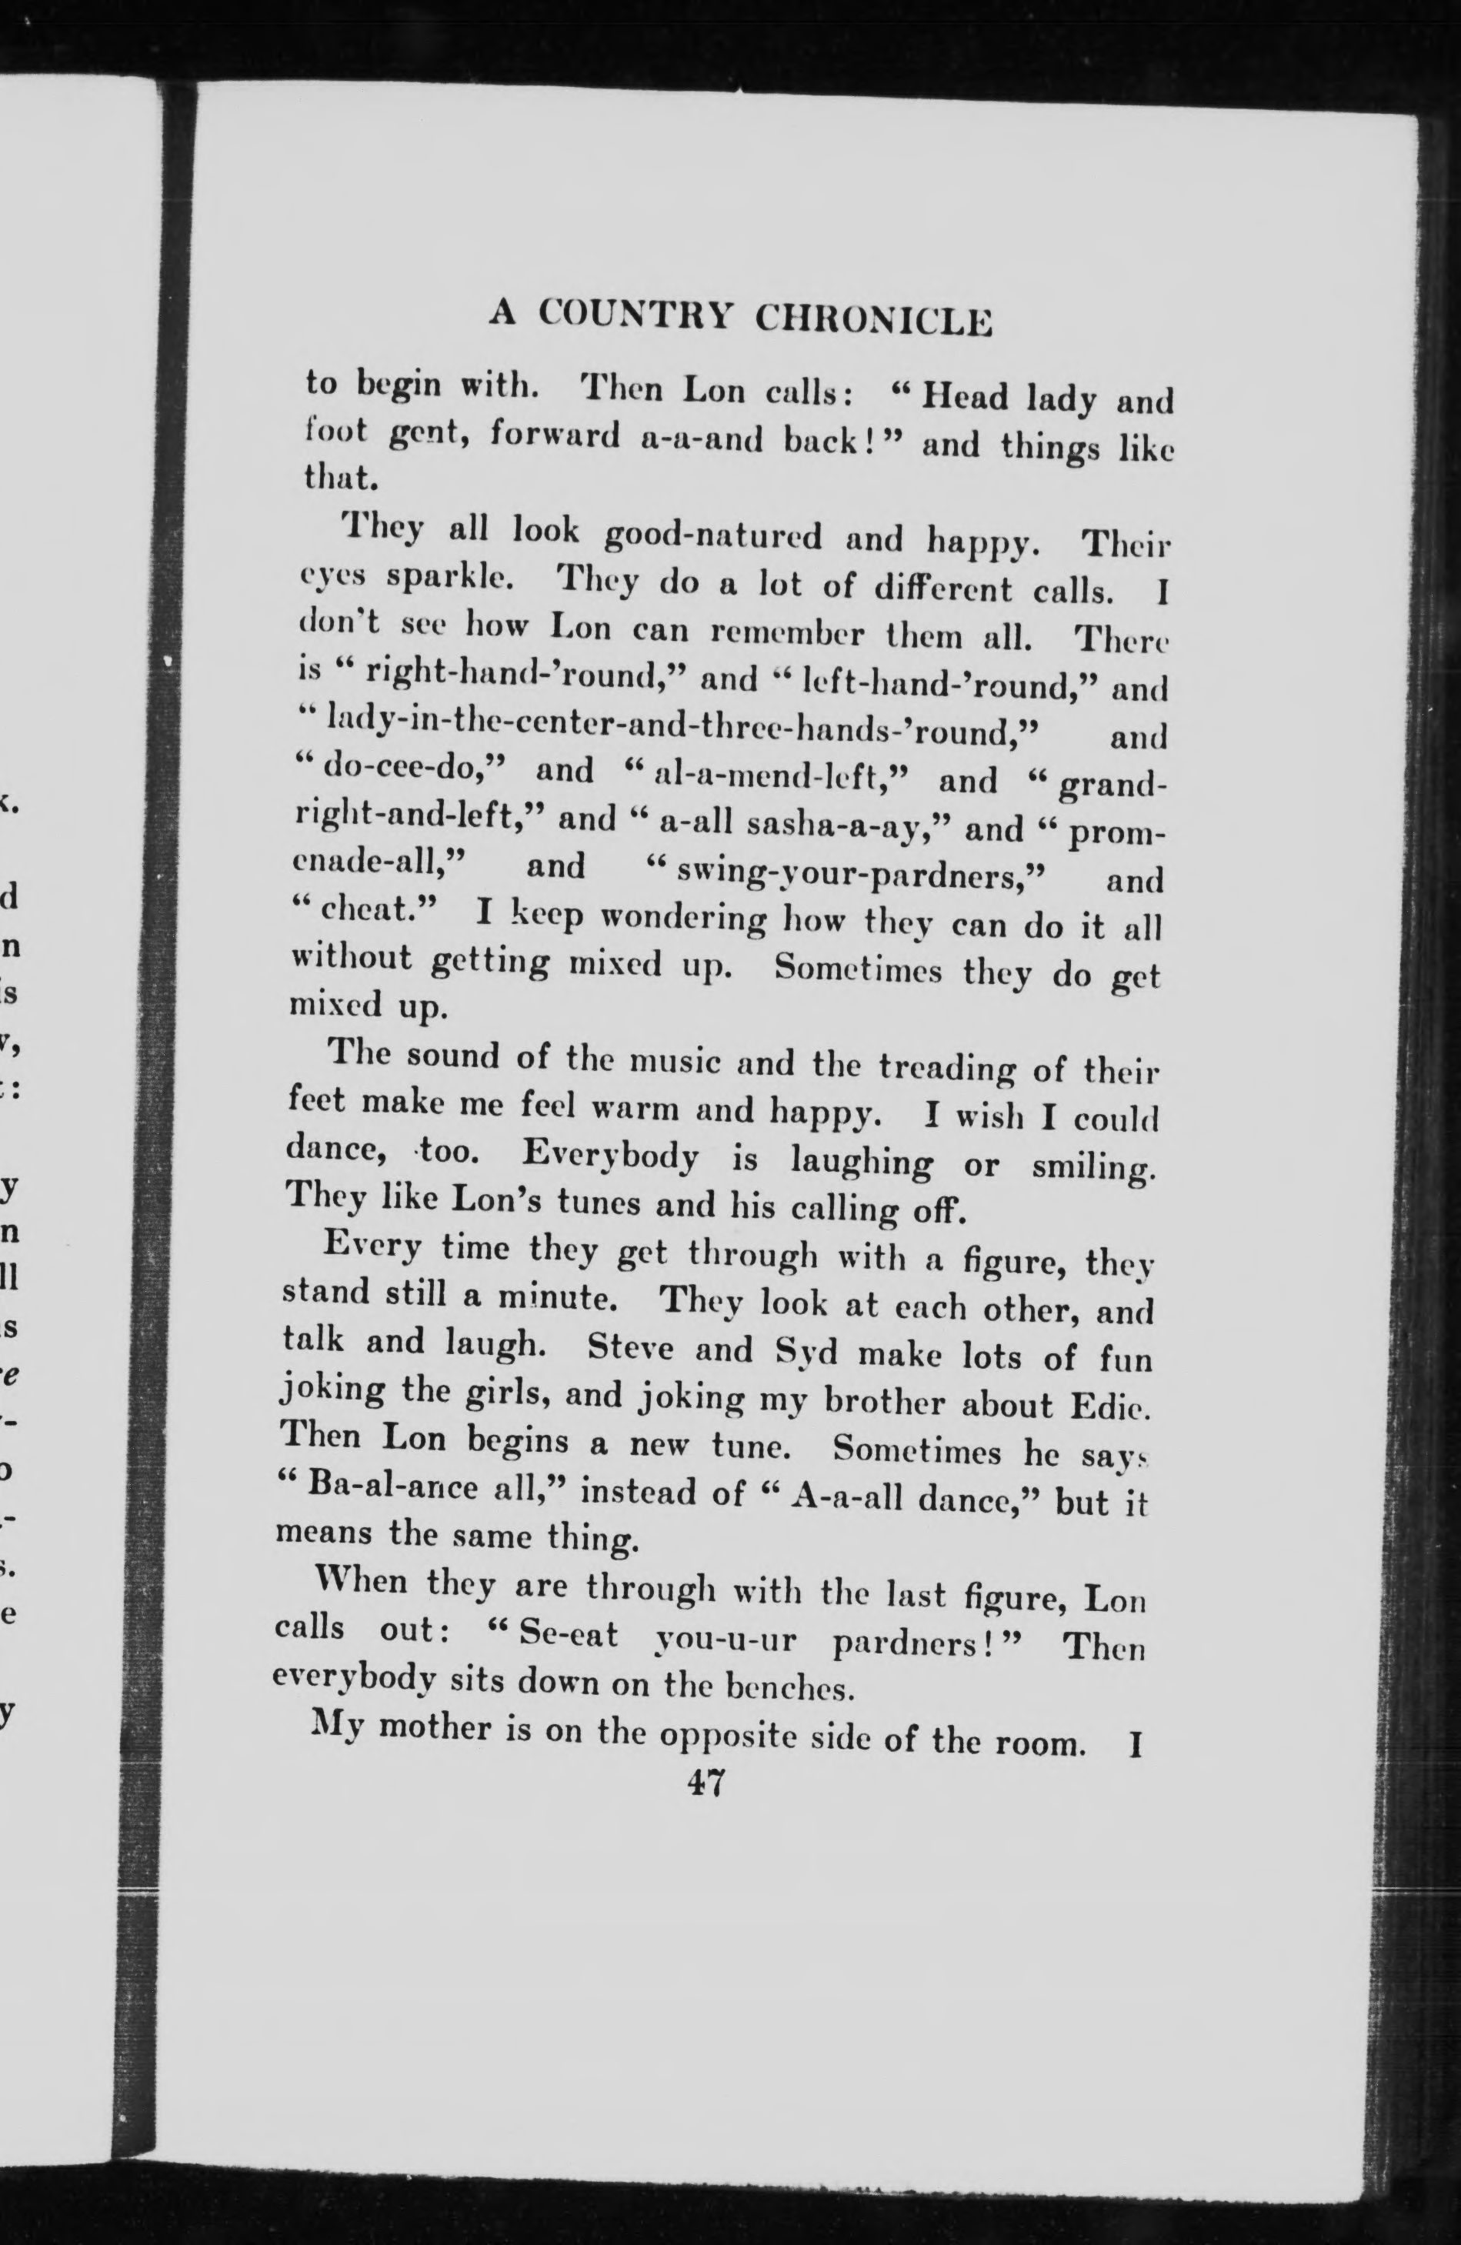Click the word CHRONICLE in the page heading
874,321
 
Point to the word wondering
684,919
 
